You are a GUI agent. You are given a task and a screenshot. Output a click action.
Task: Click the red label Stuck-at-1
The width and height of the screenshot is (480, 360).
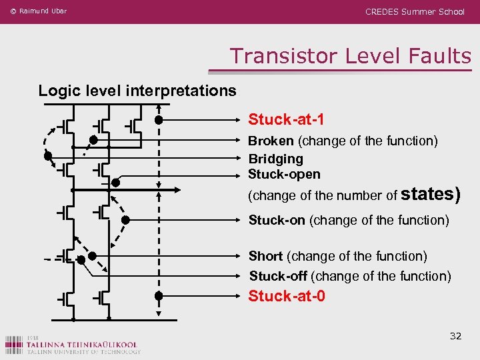tap(287, 120)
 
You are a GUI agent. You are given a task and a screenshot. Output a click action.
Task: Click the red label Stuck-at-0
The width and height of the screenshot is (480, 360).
tap(287, 295)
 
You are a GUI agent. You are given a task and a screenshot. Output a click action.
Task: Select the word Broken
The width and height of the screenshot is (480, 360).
tap(271, 141)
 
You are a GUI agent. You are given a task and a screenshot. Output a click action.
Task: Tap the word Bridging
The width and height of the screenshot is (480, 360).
tap(276, 159)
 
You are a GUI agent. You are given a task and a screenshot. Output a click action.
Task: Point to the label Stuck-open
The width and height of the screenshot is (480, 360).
tap(284, 174)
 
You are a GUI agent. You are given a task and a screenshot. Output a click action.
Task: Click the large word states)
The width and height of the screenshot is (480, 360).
tap(431, 194)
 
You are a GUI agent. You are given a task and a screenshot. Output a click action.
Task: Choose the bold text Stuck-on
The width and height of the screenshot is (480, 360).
tap(277, 220)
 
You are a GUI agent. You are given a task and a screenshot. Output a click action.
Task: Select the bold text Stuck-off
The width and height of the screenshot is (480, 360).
tap(278, 276)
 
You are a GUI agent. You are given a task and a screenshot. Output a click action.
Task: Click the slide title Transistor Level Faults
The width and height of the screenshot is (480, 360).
tap(351, 56)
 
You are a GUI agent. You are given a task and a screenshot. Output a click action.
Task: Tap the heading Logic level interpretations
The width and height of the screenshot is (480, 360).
tap(137, 90)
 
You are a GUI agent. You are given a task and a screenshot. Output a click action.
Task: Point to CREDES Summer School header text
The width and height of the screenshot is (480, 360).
tap(415, 12)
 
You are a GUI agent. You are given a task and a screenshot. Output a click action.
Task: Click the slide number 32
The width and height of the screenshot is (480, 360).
tap(455, 336)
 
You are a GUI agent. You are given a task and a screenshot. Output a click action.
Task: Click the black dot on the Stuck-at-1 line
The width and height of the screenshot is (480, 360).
tap(159, 120)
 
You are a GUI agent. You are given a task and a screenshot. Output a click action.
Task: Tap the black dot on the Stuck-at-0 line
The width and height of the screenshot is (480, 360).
tap(159, 295)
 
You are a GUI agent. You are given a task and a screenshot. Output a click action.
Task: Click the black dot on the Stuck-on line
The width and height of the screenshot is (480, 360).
tap(125, 220)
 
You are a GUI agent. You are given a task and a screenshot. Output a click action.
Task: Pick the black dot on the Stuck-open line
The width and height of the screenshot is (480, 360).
tap(115, 182)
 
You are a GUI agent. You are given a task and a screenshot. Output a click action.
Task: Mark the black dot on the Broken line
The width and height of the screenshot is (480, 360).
tap(94, 140)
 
